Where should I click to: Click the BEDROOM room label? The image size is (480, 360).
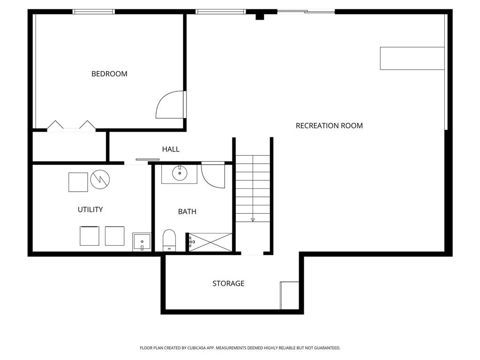109,74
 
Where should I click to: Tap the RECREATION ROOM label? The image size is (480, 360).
329,126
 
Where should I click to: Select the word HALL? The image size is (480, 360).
171,149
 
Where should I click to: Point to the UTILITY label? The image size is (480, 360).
90,210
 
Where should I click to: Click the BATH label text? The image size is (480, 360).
187,211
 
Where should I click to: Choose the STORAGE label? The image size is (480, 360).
228,284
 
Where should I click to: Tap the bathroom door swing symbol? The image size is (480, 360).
212,176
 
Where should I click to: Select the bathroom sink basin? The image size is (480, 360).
180,174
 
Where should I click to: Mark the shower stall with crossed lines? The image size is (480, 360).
210,242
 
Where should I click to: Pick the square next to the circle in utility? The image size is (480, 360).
78,182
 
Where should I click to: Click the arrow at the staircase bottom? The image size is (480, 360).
253,219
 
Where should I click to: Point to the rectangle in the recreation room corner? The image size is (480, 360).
412,59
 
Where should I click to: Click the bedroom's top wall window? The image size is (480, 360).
94,12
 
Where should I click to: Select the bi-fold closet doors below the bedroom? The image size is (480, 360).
71,126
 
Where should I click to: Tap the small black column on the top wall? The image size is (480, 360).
260,16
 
